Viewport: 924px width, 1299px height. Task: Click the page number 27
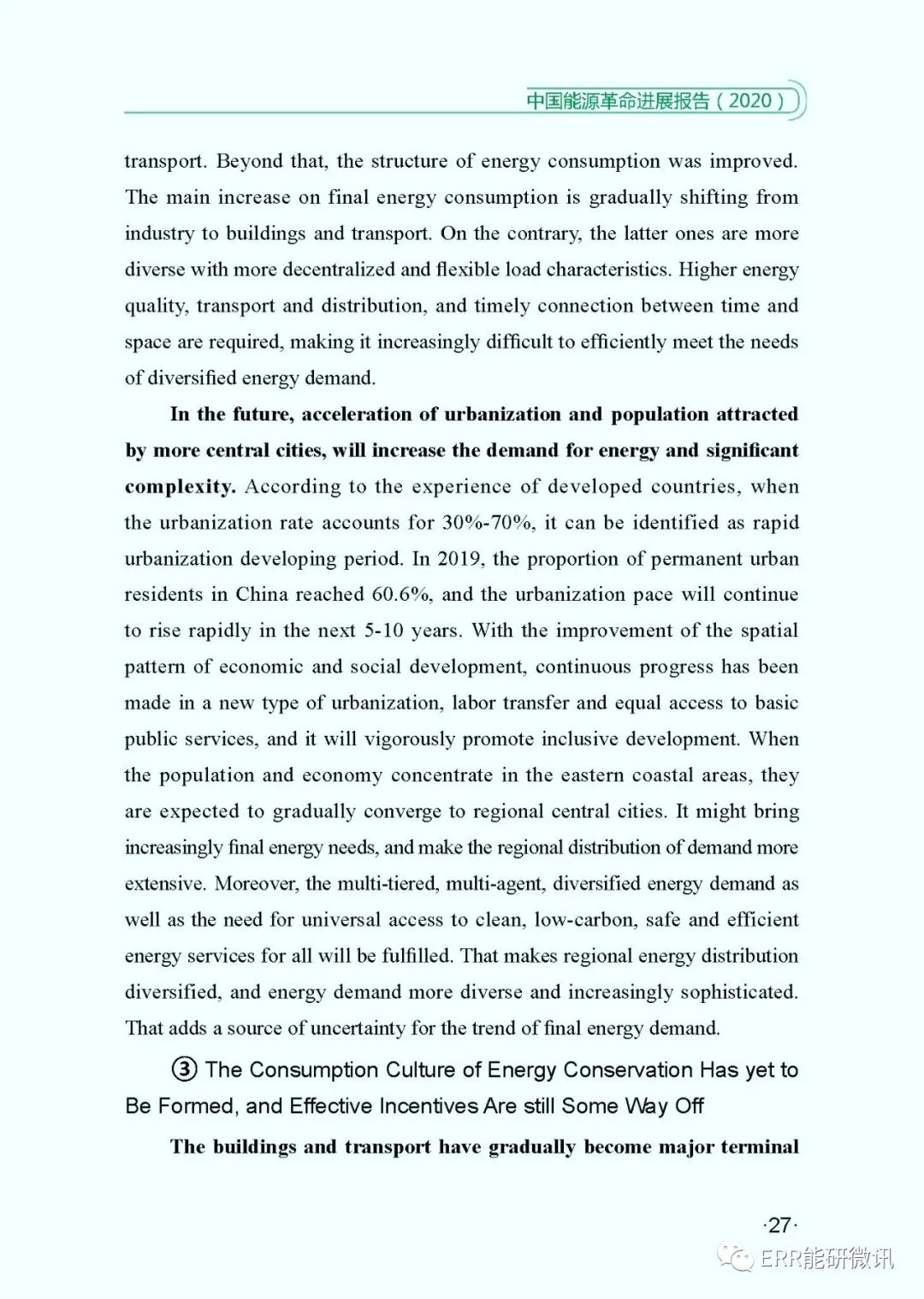[779, 1225]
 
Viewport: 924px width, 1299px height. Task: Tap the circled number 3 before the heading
[185, 1070]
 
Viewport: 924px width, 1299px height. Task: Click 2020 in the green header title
[750, 101]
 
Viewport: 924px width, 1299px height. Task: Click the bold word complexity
[180, 487]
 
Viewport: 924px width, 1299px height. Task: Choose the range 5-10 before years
[383, 632]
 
